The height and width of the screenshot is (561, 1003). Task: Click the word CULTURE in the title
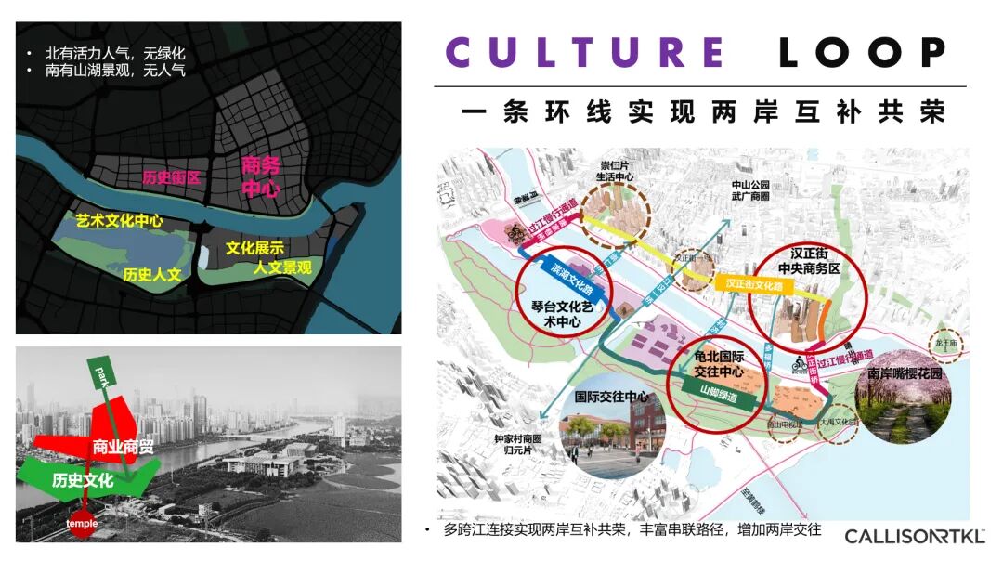[585, 53]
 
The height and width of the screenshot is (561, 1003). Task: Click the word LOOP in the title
[863, 53]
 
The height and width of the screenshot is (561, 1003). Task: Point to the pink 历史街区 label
[172, 177]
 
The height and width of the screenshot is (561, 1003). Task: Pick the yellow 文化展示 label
[254, 248]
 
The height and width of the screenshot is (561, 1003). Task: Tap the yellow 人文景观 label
[283, 268]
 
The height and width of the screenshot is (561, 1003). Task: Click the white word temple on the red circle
[82, 523]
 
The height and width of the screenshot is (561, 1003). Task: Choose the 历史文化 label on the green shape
[84, 480]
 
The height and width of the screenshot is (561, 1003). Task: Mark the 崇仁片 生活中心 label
[617, 172]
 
